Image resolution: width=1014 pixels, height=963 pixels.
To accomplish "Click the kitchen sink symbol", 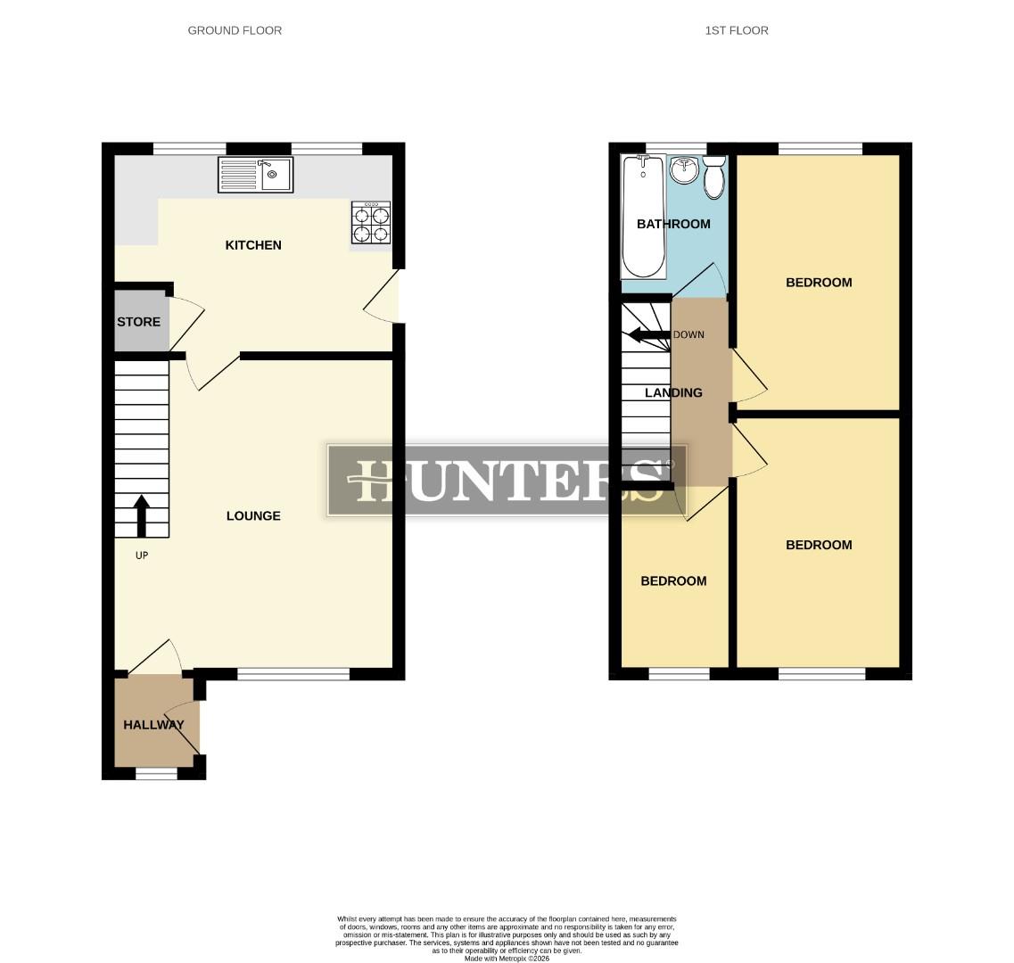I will point(255,175).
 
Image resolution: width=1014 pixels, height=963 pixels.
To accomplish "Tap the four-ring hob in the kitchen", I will point(372,223).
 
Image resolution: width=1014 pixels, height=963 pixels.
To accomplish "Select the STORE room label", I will point(139,322).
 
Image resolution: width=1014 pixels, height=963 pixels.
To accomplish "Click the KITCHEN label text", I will point(253,245).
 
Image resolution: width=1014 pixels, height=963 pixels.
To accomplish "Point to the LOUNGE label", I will point(253,516).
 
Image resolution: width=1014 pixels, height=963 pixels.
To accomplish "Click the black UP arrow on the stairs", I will point(141,516).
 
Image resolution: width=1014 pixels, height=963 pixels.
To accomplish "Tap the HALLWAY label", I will point(153,725).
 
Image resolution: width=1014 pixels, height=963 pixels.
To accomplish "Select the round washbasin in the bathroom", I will point(683,169).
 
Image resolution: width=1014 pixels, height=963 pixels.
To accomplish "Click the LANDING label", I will point(673,393).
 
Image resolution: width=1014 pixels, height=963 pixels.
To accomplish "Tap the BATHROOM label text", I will point(673,224).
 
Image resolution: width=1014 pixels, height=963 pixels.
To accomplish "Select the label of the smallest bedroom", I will point(673,581).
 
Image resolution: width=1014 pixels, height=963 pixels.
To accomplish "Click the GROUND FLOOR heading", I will point(235,30).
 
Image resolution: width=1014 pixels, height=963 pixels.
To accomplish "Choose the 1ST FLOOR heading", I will point(737,30).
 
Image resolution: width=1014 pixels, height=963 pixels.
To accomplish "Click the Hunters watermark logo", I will point(507,480).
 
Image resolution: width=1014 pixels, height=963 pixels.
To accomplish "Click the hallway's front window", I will point(156,774).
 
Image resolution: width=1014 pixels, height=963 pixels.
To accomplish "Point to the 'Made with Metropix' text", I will point(507,958).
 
